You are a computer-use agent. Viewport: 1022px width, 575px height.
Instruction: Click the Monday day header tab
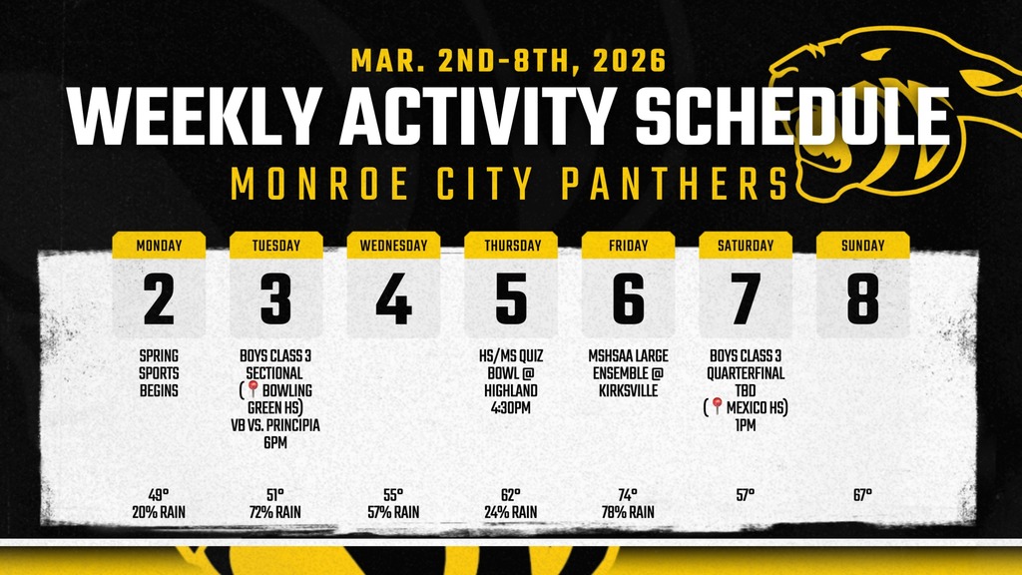click(159, 246)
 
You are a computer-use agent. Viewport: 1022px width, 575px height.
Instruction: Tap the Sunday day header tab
click(863, 246)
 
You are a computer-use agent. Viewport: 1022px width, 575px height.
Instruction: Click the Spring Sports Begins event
click(159, 372)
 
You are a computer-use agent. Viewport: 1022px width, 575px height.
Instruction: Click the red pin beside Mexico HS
click(717, 407)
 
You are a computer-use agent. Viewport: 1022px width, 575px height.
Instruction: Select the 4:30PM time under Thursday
click(511, 407)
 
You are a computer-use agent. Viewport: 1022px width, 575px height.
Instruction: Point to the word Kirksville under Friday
click(628, 390)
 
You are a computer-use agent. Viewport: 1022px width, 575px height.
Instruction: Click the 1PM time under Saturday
click(746, 424)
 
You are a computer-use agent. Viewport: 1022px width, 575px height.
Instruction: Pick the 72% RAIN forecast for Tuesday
click(275, 512)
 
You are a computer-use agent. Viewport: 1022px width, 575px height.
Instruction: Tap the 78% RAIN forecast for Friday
click(628, 512)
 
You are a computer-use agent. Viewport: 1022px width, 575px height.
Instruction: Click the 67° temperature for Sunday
click(863, 495)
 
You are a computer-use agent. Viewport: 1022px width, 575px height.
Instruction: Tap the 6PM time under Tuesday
click(275, 441)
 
